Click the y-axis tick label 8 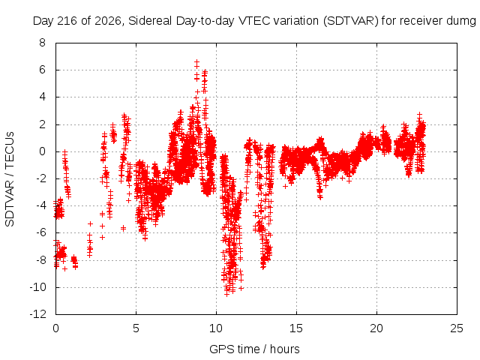[42, 43]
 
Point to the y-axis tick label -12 [38, 314]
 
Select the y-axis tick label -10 [38, 287]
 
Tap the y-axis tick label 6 [42, 70]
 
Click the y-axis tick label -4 [40, 205]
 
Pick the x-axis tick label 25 [457, 328]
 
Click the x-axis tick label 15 [296, 328]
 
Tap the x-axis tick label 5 [136, 328]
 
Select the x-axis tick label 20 [376, 328]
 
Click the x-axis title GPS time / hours [254, 349]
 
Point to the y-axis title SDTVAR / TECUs [10, 179]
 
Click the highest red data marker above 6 [196, 62]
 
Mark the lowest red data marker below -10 [226, 294]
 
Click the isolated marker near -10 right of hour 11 [241, 288]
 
